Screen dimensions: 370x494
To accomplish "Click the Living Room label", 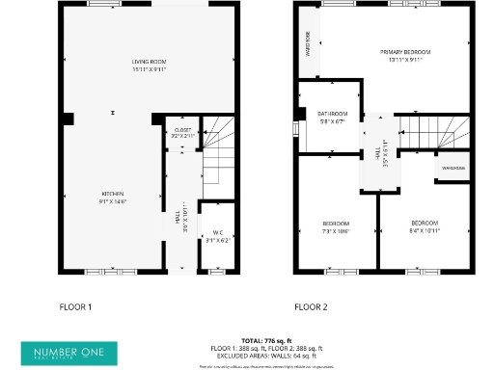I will (150, 65).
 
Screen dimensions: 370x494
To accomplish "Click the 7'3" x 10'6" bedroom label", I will (335, 227).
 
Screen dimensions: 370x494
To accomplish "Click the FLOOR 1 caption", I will (75, 307).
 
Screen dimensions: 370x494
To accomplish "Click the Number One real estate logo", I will (69, 353).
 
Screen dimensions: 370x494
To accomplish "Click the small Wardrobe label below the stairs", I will (453, 169).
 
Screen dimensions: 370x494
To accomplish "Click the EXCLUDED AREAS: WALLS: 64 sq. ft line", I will (268, 355).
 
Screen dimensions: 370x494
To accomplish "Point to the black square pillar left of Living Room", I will (68, 119).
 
